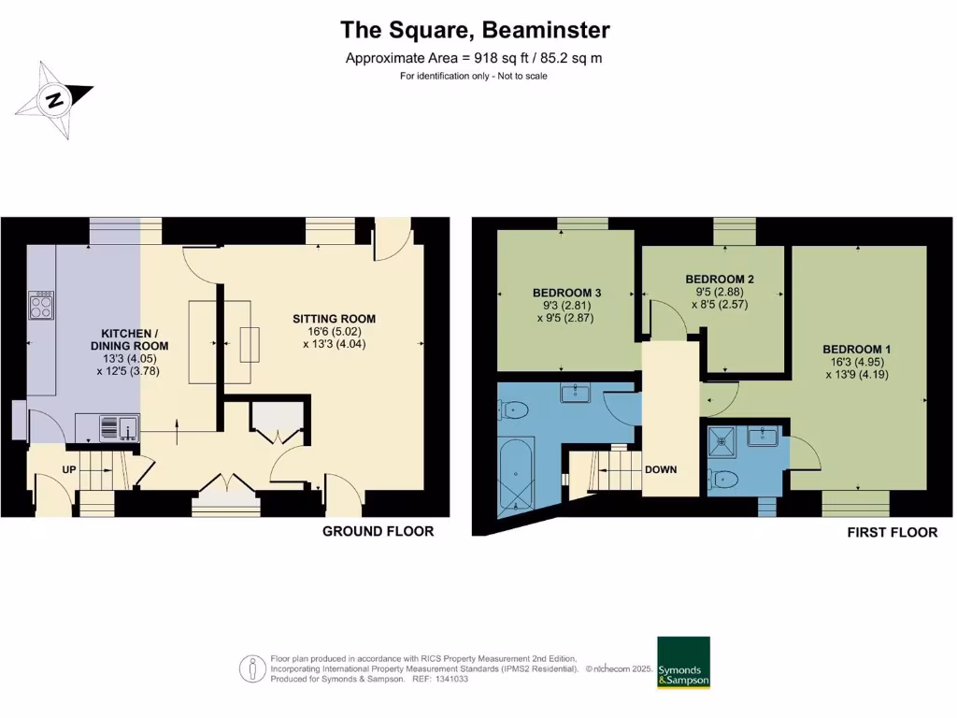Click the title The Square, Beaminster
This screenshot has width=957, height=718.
point(475,30)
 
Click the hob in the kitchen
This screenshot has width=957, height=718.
point(42,306)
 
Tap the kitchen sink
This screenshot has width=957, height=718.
point(119,427)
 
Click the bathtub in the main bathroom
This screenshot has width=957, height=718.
point(514,473)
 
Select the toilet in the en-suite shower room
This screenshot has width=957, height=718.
point(724,480)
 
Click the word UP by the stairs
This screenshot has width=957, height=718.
point(70,468)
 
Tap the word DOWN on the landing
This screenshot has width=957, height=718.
point(660,469)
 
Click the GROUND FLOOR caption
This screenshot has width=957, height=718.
point(378,531)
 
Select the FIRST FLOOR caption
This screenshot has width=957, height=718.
point(892,532)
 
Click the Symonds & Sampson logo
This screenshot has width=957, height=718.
point(683,663)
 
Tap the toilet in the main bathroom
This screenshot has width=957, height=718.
point(516,409)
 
